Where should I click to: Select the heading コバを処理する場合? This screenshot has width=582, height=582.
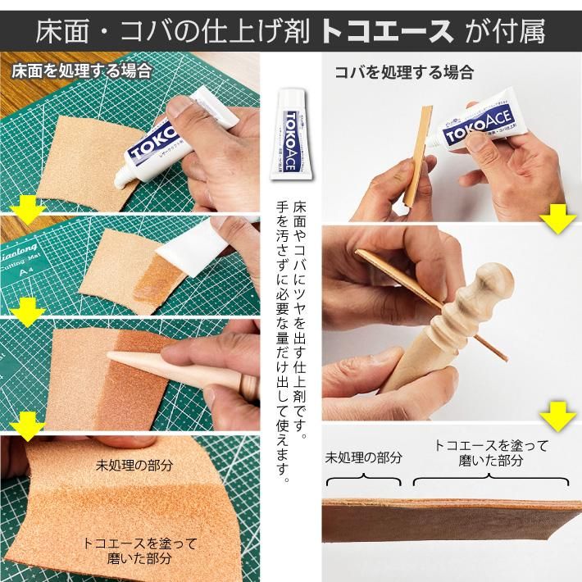[403, 72]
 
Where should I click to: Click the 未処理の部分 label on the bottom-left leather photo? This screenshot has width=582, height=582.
[134, 464]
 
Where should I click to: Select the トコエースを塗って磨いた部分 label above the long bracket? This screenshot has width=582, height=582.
[491, 452]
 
